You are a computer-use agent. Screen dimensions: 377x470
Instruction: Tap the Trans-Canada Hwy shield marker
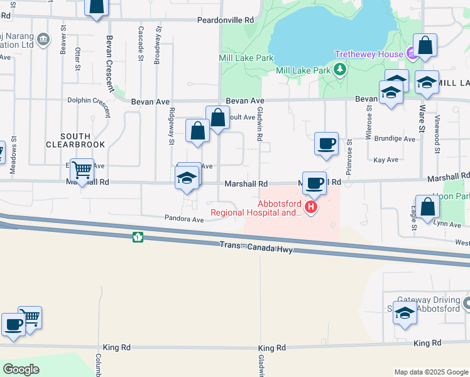[137, 237]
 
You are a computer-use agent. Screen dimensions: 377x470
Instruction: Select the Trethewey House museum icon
[412, 55]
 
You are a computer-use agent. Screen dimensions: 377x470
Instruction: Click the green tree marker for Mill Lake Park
[340, 69]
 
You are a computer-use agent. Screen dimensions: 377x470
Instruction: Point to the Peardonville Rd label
[225, 20]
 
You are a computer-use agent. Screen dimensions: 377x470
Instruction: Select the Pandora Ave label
[185, 220]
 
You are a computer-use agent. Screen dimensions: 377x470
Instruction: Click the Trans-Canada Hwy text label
[256, 248]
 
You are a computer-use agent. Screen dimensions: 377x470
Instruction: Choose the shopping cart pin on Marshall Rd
[82, 170]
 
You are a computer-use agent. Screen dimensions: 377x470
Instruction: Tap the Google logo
[21, 369]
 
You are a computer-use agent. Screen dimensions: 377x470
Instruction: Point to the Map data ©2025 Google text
[431, 372]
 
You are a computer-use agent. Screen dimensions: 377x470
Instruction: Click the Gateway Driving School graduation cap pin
[405, 313]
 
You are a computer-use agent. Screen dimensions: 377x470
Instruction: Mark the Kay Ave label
[386, 160]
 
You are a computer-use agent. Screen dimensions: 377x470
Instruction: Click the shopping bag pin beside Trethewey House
[425, 46]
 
